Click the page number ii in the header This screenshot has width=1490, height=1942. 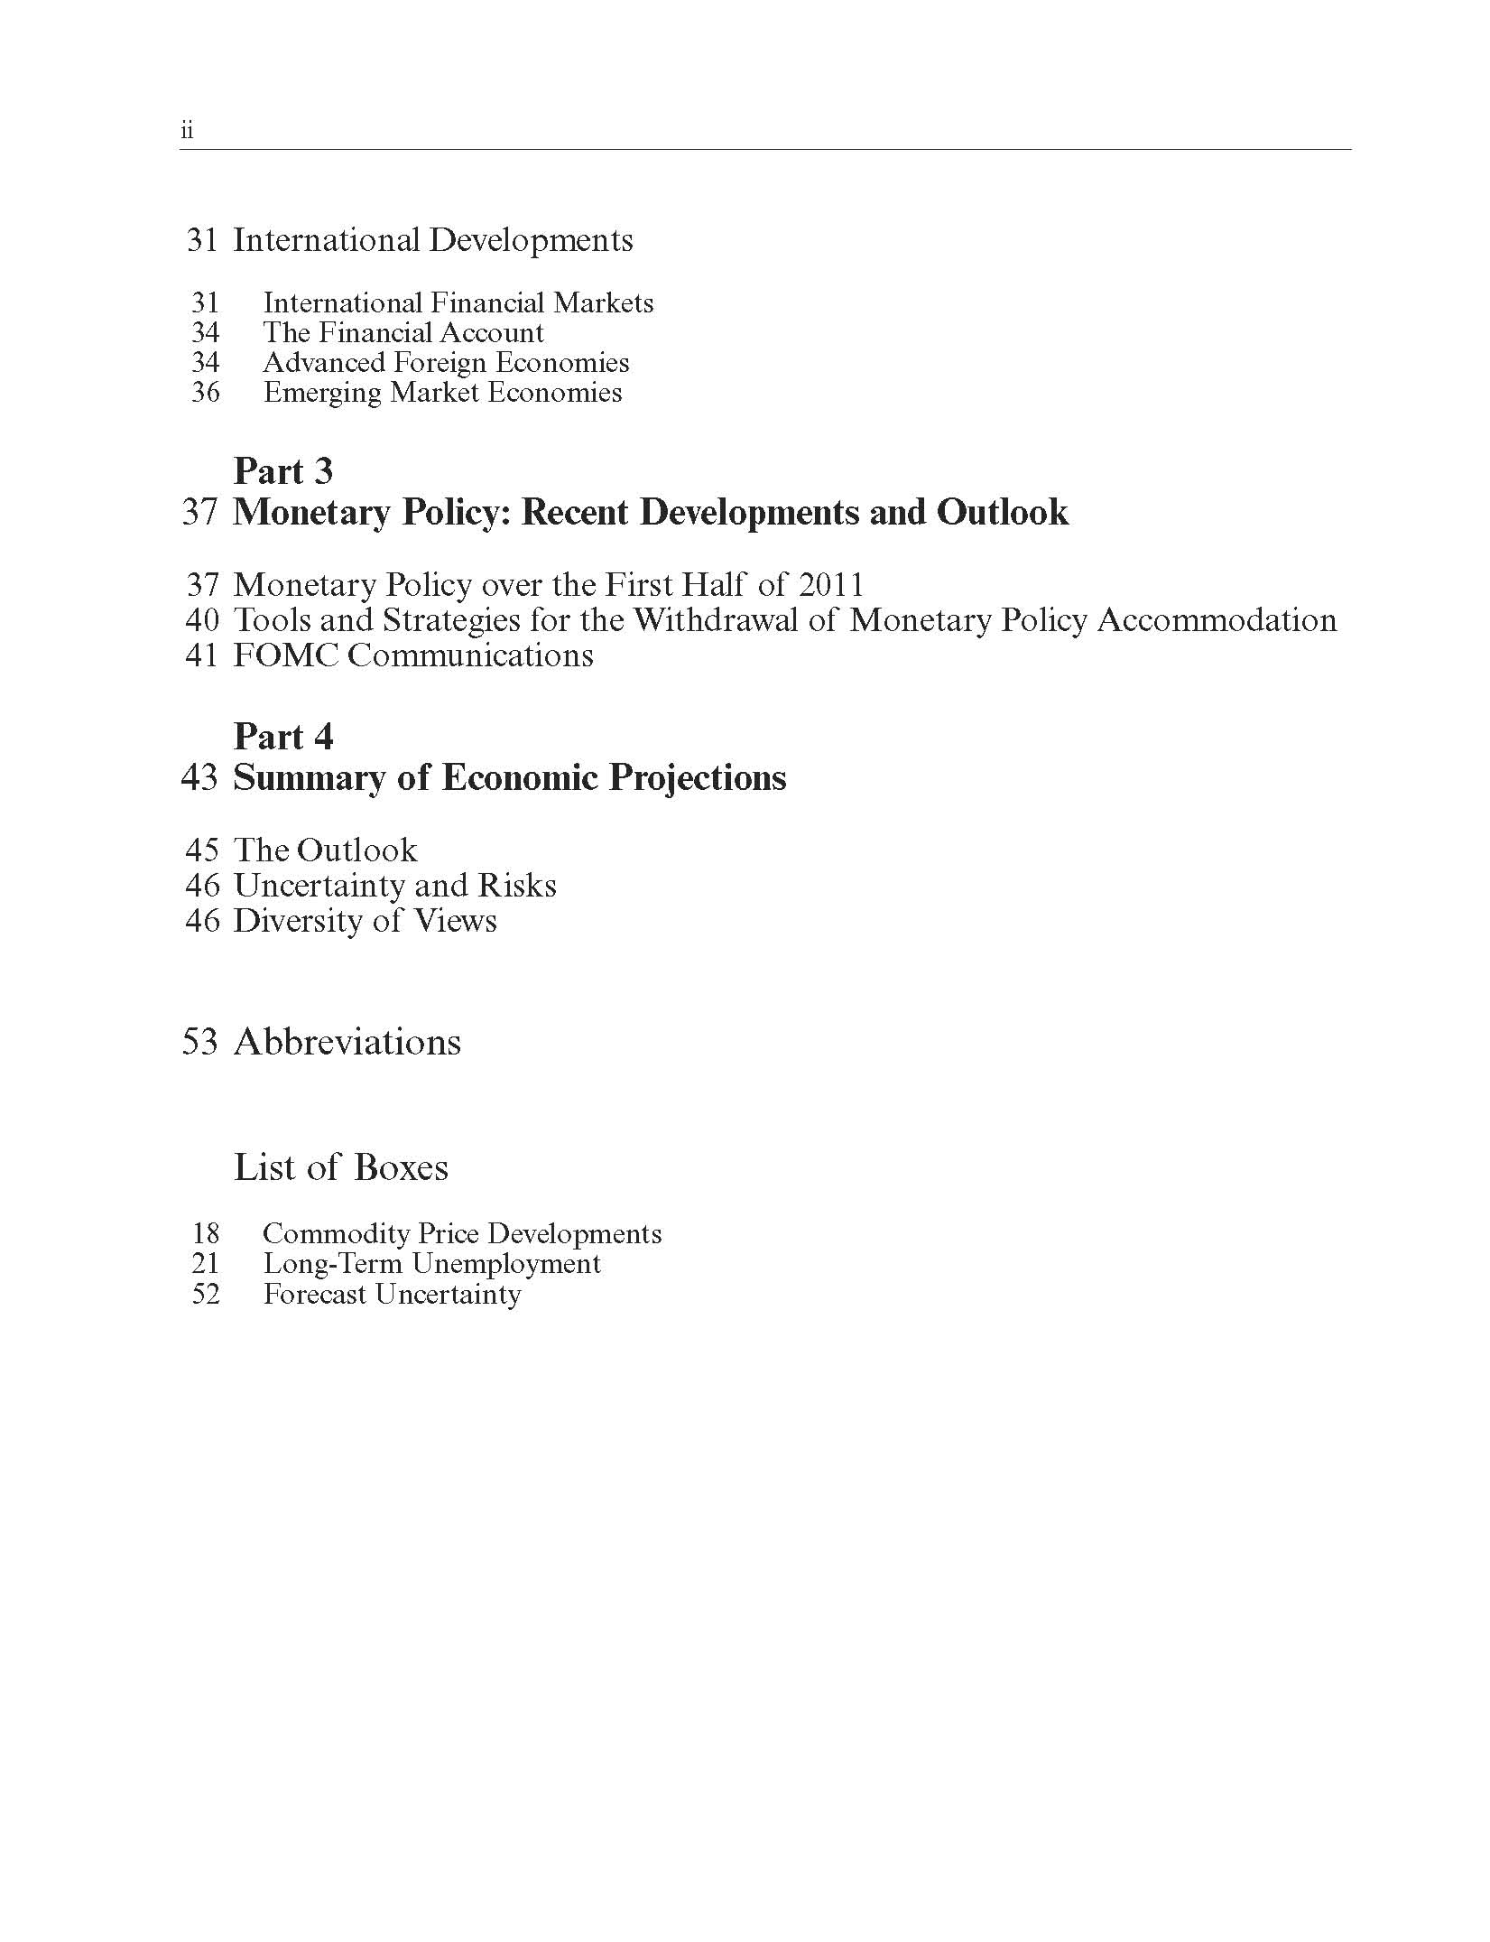(x=187, y=131)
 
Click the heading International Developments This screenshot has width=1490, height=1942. (x=432, y=240)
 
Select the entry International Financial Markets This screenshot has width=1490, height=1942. (x=458, y=302)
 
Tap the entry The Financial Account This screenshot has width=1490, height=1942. (x=403, y=332)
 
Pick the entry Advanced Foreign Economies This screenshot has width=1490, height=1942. (x=446, y=362)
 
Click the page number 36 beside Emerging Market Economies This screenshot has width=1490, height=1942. (x=205, y=393)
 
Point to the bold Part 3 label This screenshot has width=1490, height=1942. (x=282, y=471)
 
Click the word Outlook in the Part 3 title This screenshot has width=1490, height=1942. (x=1002, y=512)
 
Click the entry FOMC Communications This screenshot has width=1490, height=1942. (x=413, y=655)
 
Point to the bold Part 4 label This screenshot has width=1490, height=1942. (x=282, y=737)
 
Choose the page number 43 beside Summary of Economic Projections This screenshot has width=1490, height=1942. (x=199, y=777)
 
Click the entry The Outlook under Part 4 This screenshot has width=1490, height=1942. (x=325, y=850)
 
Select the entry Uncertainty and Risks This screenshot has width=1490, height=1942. (x=394, y=886)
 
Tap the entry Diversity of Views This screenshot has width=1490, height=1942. (x=365, y=921)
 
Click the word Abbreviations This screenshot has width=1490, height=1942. (x=347, y=1042)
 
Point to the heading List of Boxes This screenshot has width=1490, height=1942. (x=340, y=1167)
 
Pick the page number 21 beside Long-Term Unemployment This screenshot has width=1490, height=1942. (x=205, y=1264)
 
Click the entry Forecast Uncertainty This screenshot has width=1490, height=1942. (x=392, y=1295)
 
